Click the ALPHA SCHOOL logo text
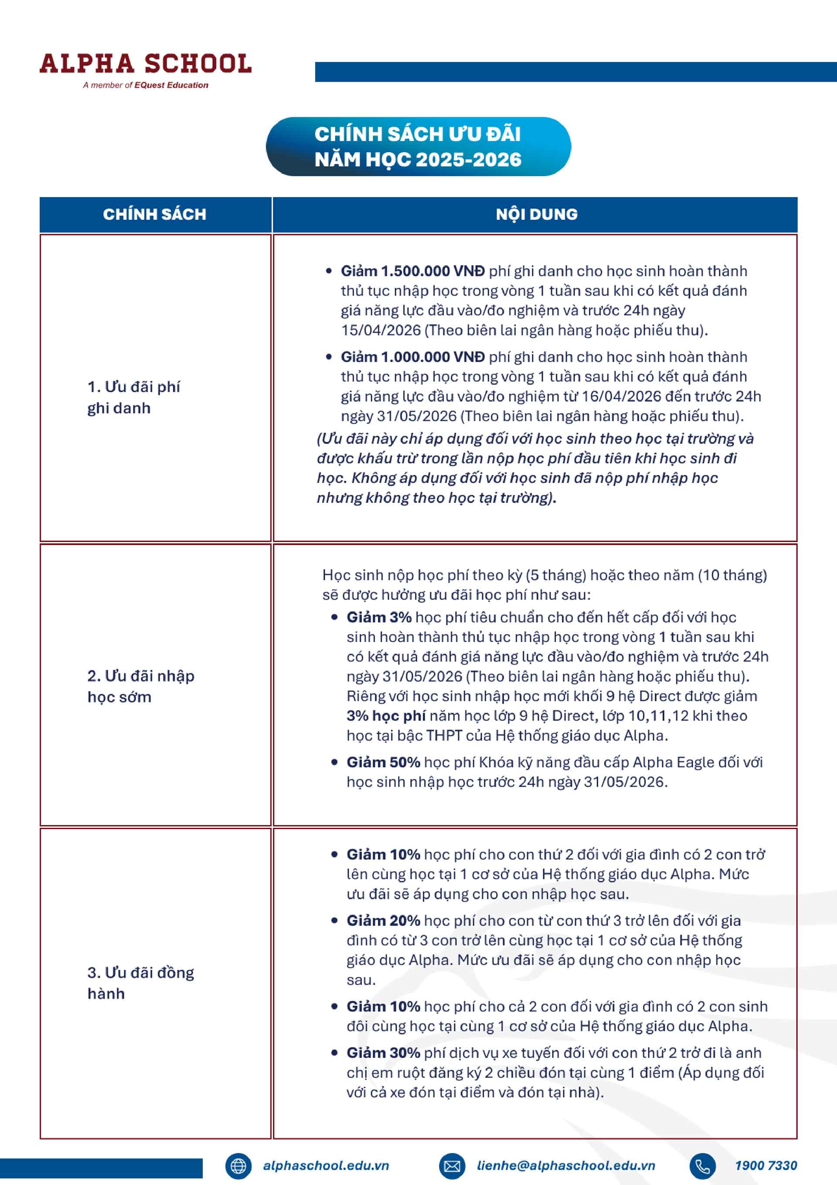(146, 64)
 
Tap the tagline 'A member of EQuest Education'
(146, 85)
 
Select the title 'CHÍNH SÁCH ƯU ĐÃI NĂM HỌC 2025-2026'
(418, 147)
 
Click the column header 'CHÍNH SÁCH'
(154, 214)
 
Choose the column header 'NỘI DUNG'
(537, 214)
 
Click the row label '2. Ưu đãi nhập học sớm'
(140, 686)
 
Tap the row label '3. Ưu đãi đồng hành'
(140, 983)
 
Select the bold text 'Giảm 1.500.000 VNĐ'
(412, 271)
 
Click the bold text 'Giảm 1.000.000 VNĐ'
(412, 357)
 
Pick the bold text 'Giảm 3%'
(379, 617)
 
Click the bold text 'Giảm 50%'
(383, 762)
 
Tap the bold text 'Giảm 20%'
(383, 921)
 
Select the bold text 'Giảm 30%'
(383, 1053)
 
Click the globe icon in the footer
(238, 1166)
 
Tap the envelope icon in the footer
(452, 1166)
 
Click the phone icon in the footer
(702, 1166)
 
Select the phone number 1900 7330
(766, 1165)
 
